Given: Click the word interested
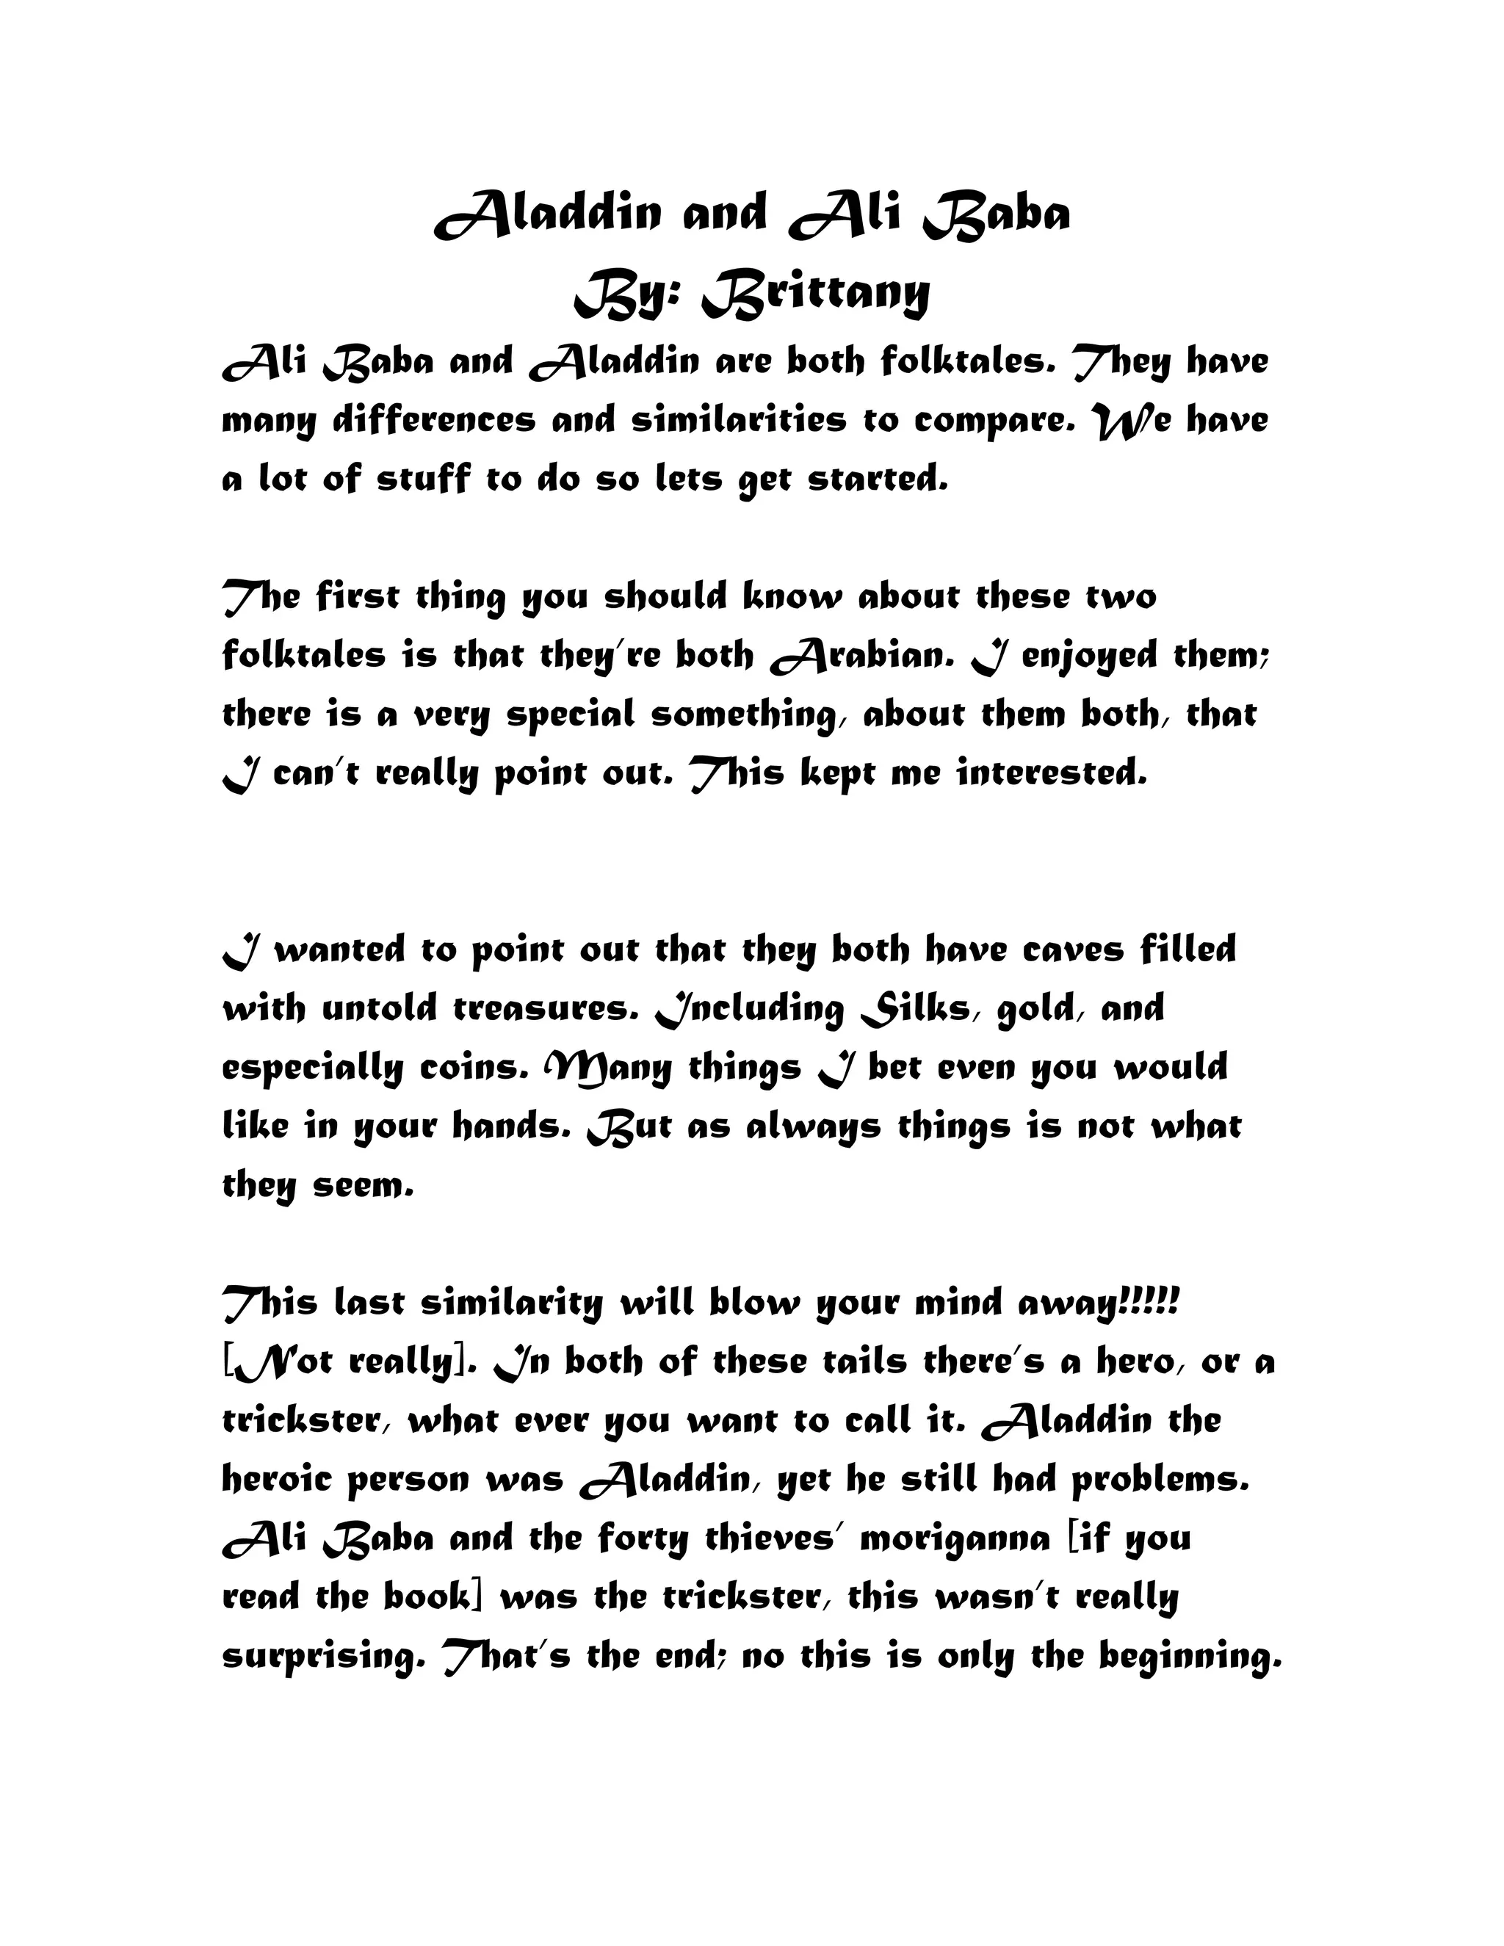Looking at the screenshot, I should [x=1052, y=773].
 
